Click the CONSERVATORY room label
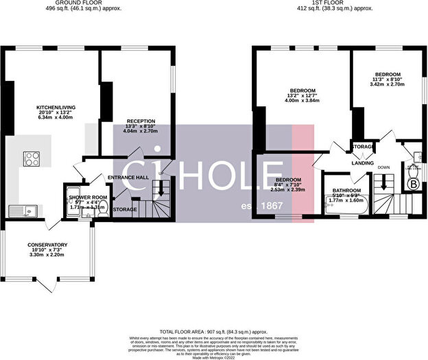pos(47,245)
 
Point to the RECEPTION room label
pos(141,121)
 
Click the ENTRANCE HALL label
pos(128,177)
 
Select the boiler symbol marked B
pos(413,184)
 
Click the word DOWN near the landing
pos(385,166)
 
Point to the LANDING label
pos(363,163)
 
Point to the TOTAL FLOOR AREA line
pos(214,331)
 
